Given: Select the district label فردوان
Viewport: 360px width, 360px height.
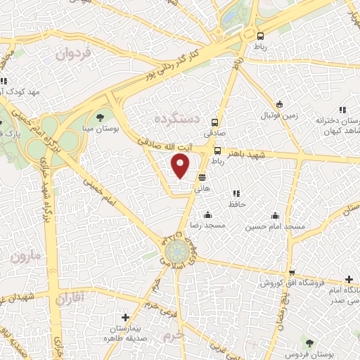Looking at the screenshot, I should (74, 53).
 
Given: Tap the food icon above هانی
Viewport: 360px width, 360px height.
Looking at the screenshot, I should (202, 177).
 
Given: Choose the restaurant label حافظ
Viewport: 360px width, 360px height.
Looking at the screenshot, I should (235, 205).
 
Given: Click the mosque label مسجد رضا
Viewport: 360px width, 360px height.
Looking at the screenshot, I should (208, 227).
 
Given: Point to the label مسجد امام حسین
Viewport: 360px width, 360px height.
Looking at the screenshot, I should (275, 227).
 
